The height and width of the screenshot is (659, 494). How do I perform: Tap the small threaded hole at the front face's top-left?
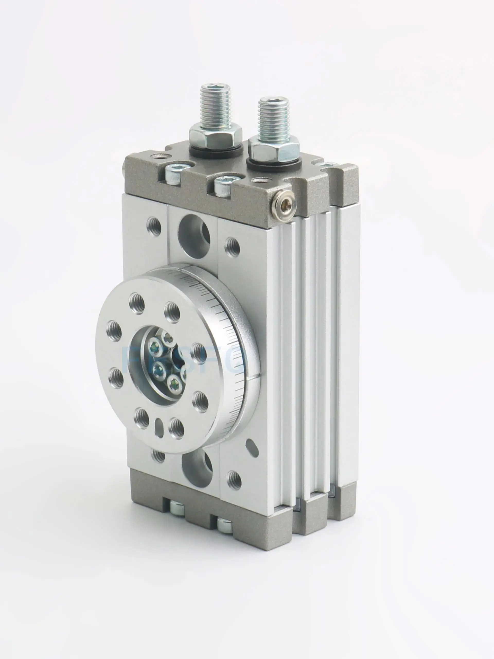(154, 227)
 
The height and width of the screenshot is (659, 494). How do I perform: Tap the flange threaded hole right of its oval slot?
(176, 428)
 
